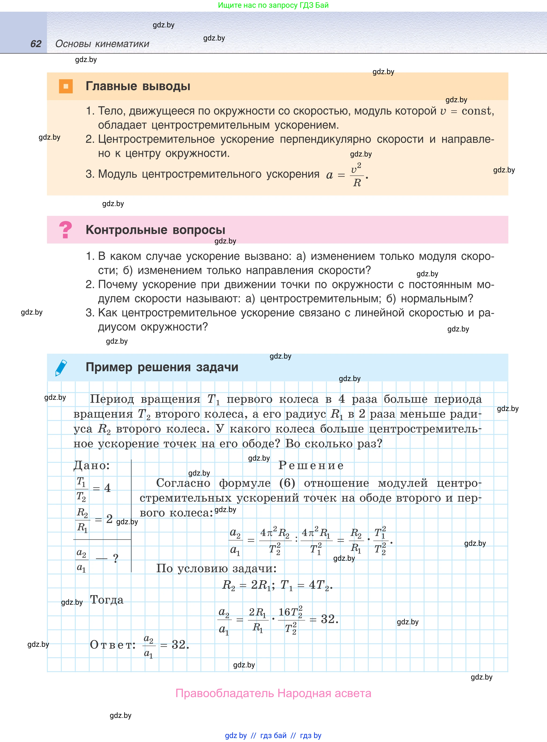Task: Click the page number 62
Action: (36, 44)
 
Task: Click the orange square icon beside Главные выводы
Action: (65, 86)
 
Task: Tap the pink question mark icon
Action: (65, 229)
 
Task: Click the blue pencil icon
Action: (61, 368)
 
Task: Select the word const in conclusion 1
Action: (476, 111)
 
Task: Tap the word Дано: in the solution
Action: (91, 466)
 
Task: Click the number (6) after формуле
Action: (287, 483)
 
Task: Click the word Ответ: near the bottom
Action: (112, 645)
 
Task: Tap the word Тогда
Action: (107, 600)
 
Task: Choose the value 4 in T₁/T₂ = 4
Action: (107, 488)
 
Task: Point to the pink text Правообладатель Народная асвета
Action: (273, 693)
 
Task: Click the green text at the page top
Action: (273, 5)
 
